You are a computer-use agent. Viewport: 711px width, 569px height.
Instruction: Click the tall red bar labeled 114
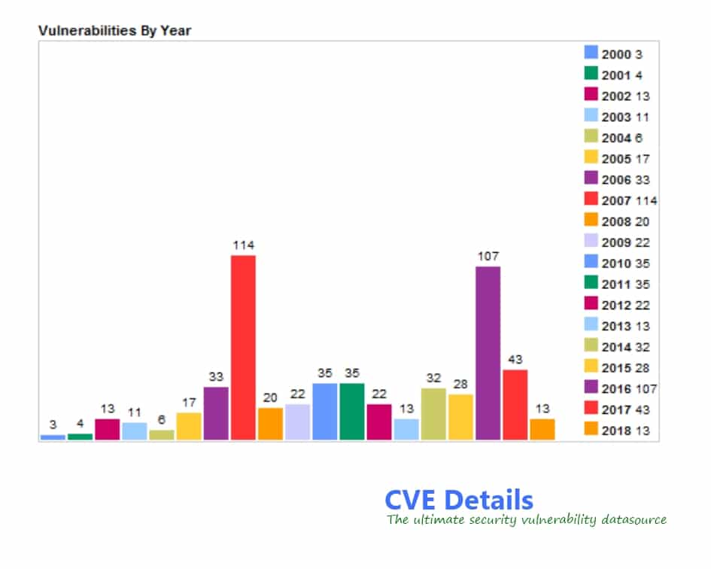(x=243, y=347)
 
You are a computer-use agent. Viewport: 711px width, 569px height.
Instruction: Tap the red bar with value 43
(x=515, y=404)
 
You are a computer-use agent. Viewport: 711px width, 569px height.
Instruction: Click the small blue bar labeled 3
(x=53, y=437)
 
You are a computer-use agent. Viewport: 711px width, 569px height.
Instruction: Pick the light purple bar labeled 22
(x=297, y=421)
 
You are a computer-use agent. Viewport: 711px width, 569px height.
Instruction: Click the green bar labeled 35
(x=351, y=411)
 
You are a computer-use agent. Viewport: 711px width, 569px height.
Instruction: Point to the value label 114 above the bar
(x=243, y=245)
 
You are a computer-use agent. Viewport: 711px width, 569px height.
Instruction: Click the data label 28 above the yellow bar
(x=460, y=384)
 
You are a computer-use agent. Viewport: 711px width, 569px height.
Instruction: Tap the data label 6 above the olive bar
(x=162, y=419)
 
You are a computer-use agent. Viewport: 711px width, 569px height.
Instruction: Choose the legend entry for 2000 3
(x=614, y=54)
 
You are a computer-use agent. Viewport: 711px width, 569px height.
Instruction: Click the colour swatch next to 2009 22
(x=591, y=241)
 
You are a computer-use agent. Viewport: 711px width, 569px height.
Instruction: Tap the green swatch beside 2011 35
(x=591, y=283)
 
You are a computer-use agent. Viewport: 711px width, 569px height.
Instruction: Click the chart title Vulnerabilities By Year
(x=115, y=31)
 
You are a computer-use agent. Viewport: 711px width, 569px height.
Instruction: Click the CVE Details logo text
(x=458, y=500)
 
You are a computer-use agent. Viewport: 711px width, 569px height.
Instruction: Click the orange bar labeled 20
(x=270, y=424)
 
